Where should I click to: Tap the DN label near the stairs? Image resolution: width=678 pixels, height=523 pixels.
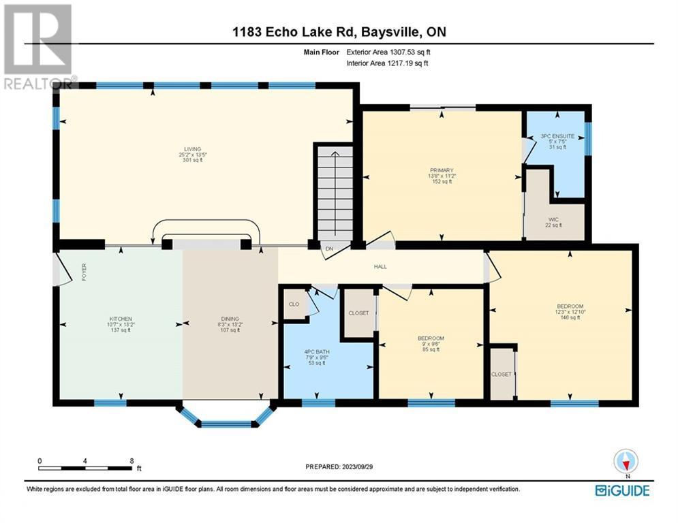328,249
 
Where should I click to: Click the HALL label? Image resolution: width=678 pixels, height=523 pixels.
380,266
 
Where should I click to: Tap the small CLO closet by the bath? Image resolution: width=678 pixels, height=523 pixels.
294,304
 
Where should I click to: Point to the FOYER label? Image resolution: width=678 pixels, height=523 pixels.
84,273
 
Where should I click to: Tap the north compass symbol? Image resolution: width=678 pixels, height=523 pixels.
625,462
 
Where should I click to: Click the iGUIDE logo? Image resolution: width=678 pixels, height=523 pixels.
621,490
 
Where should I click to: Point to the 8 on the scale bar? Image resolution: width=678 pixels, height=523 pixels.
132,460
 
